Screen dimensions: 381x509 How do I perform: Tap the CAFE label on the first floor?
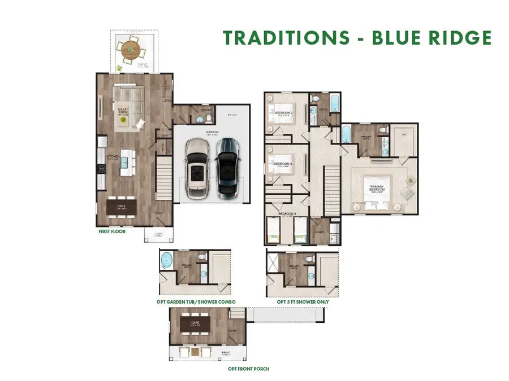[x=121, y=207]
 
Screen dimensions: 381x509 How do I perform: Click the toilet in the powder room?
[x=207, y=119]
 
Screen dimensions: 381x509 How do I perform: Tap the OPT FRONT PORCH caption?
[x=244, y=369]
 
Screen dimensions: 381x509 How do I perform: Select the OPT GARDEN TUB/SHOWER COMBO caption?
[x=196, y=302]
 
